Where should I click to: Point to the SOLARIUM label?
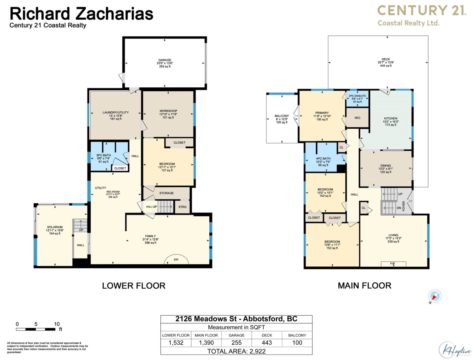[55, 227]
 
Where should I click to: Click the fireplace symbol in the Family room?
[176, 260]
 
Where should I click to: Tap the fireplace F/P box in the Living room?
[392, 263]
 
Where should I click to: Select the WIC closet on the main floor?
[357, 118]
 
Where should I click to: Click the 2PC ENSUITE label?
[358, 96]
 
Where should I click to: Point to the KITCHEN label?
[391, 118]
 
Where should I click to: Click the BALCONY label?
[281, 116]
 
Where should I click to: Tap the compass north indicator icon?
[436, 296]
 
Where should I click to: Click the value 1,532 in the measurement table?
[176, 342]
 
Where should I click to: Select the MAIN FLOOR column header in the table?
[206, 335]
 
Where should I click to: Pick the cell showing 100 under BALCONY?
[297, 342]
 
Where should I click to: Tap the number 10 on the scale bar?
[57, 324]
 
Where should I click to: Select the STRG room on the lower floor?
[182, 207]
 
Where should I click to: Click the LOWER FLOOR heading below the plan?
[134, 286]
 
